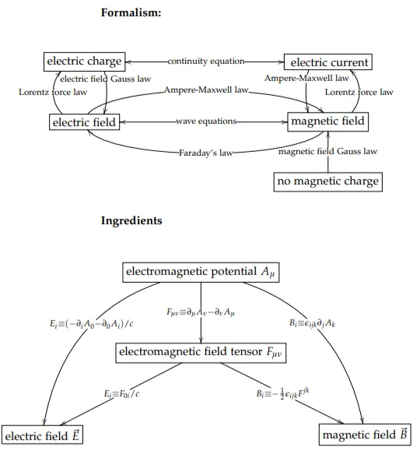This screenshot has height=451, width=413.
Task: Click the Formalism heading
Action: (x=131, y=12)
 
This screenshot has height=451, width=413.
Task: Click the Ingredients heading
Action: (x=131, y=220)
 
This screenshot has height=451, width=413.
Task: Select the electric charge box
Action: (x=85, y=62)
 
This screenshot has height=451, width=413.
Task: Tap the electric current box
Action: (x=328, y=62)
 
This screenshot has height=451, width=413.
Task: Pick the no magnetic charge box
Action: (x=328, y=181)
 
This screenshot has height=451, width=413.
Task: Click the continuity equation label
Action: (x=206, y=61)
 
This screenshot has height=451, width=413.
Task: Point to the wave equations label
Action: (x=206, y=121)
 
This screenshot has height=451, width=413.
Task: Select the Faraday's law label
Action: (x=205, y=153)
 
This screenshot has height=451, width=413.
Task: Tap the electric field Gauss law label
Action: (x=106, y=79)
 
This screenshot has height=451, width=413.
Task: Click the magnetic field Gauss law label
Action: (x=327, y=151)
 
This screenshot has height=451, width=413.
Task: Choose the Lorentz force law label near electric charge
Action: (x=53, y=92)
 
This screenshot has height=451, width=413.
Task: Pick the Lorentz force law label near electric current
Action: (x=359, y=92)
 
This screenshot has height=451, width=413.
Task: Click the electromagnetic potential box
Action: (x=201, y=272)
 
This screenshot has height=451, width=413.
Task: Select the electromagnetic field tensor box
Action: (x=201, y=353)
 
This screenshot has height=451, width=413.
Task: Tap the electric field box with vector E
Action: (x=42, y=435)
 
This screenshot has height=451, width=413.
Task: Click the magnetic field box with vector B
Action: (x=365, y=434)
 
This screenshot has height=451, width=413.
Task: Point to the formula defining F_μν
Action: (x=201, y=312)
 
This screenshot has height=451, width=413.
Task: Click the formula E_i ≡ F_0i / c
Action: (x=121, y=393)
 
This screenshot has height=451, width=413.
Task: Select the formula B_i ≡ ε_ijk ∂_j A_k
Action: (x=312, y=323)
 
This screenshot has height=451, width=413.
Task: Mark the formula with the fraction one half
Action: (x=283, y=393)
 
